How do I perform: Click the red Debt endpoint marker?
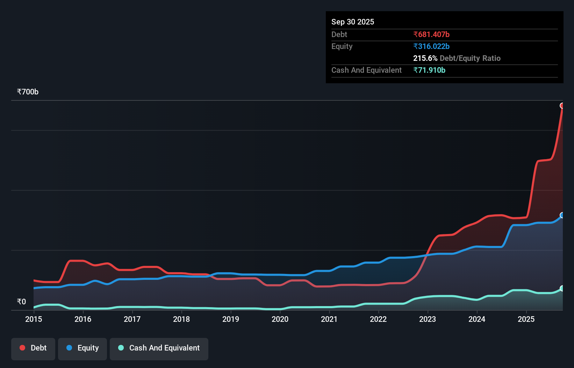click(x=562, y=106)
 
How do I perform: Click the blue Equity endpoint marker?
click(x=562, y=215)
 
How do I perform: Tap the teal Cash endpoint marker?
click(x=562, y=288)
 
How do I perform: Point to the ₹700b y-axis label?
click(x=28, y=92)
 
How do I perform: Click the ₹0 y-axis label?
click(x=21, y=302)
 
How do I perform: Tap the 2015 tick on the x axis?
click(x=34, y=319)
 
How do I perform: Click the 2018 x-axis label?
click(x=181, y=319)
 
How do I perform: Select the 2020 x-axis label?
click(x=280, y=319)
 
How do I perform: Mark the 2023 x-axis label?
click(x=428, y=319)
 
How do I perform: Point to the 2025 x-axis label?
click(x=526, y=319)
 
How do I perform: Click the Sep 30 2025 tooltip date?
click(x=353, y=22)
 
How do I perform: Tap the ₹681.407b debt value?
click(x=431, y=34)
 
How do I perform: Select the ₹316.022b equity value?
click(x=431, y=46)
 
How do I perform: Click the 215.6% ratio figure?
click(x=425, y=58)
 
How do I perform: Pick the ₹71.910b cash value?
click(x=429, y=70)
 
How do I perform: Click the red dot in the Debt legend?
click(x=22, y=348)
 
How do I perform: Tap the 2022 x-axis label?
click(x=378, y=319)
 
